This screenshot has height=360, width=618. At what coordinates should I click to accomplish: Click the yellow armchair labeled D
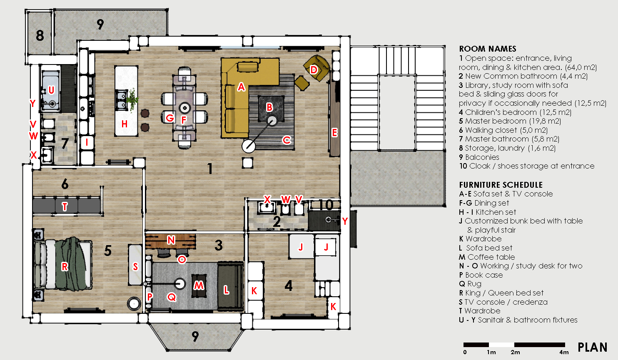317,68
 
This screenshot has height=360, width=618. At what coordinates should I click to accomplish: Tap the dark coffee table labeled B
271,108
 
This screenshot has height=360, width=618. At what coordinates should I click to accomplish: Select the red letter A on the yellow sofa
241,87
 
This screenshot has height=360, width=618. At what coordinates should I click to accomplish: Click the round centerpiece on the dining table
184,108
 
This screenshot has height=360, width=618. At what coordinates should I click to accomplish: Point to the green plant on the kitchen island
132,99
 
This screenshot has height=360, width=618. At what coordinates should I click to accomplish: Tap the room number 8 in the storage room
40,35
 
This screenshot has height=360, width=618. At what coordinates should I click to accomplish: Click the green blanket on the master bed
69,264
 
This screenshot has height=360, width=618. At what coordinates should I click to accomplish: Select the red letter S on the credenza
135,266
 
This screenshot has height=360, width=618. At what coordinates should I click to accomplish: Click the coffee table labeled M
199,286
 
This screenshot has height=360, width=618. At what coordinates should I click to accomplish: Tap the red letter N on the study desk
171,240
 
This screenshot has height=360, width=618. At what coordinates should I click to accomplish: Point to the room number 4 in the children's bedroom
288,286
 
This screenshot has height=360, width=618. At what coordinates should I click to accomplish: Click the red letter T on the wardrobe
65,206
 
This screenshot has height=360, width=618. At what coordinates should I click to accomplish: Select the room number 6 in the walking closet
65,184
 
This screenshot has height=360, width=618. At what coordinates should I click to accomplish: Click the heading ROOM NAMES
488,49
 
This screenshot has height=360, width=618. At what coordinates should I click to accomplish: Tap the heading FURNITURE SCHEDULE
501,185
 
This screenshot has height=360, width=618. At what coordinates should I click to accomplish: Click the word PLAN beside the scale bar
592,348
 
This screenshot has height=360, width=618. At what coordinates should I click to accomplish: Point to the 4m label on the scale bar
564,352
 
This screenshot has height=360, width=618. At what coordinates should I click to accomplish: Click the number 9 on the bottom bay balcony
195,336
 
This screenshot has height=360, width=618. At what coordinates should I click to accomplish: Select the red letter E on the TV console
334,133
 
